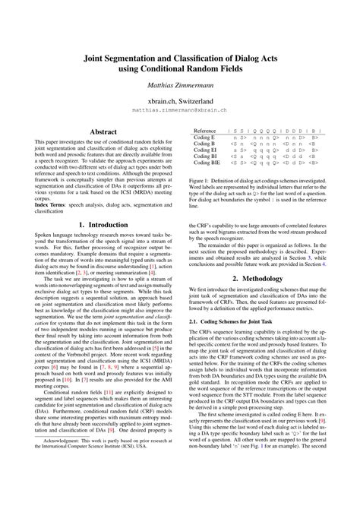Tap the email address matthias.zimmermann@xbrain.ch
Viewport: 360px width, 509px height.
click(x=180, y=109)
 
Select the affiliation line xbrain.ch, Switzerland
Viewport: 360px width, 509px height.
click(x=180, y=100)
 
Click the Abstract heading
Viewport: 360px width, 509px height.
click(x=103, y=131)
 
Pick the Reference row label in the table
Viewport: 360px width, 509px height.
click(x=205, y=131)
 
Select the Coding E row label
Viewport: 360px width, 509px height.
click(x=204, y=138)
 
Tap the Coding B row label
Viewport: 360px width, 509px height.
click(x=204, y=144)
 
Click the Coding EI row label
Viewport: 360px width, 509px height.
click(x=204, y=150)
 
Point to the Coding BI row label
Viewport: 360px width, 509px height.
click(x=204, y=156)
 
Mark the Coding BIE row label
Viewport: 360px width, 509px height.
click(x=206, y=163)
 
